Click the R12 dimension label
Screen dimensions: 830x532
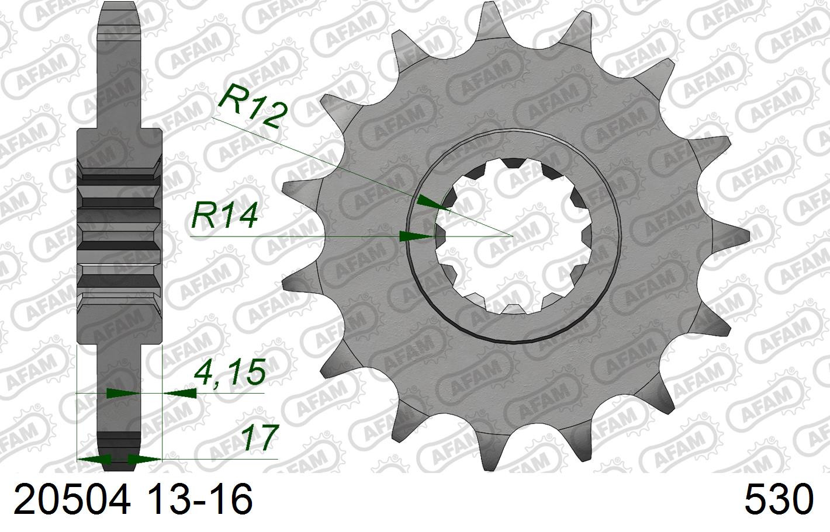point(253,106)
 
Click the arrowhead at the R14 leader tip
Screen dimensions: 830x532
point(416,236)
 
